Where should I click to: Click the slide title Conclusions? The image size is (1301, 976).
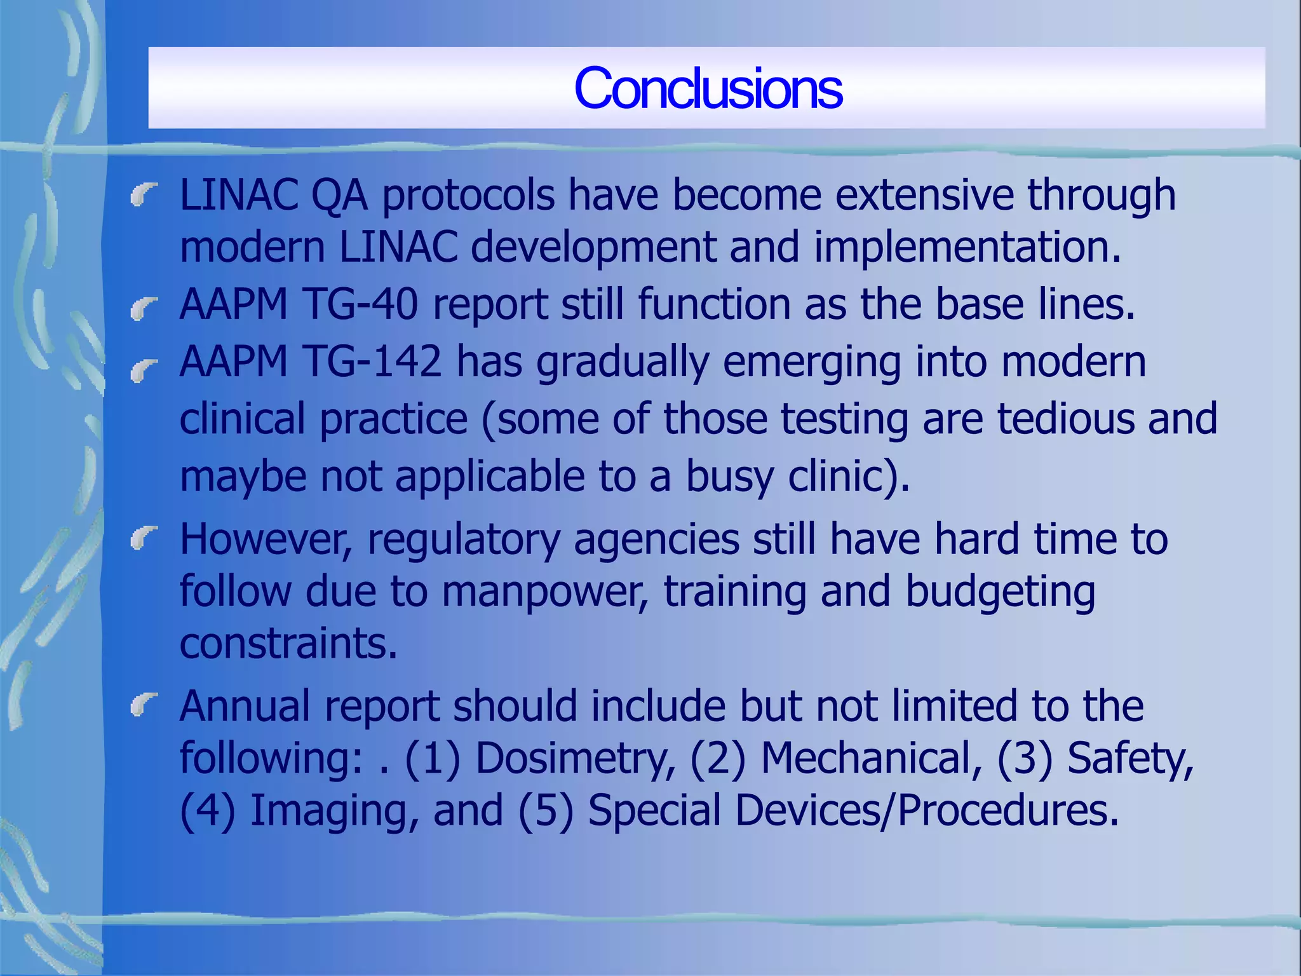tap(708, 89)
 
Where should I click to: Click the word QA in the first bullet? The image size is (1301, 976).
tap(339, 195)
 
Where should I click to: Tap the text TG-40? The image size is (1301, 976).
tap(362, 304)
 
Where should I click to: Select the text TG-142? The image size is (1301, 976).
tap(373, 362)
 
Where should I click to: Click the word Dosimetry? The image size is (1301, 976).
tap(574, 759)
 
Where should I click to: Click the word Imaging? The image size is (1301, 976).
tap(333, 811)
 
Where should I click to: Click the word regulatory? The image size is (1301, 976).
tap(463, 540)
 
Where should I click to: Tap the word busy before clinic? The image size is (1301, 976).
tap(730, 477)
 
